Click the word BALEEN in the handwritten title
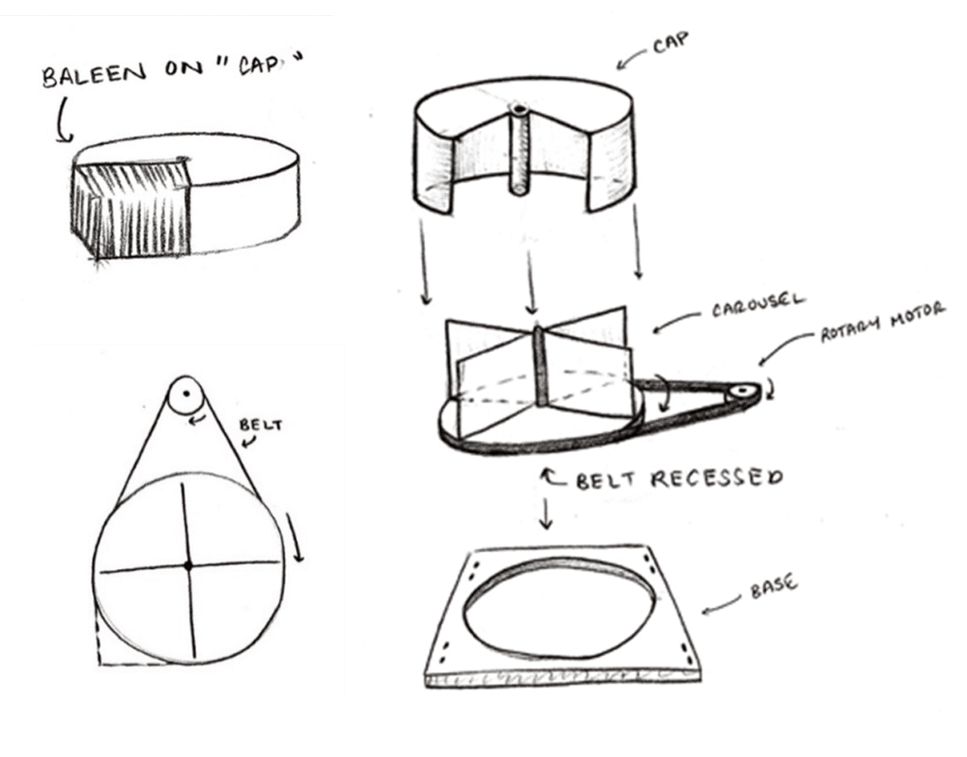[94, 75]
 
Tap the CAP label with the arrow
[670, 43]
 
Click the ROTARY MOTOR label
[882, 322]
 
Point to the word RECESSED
[718, 479]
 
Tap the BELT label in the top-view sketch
[261, 425]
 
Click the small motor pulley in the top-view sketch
[186, 393]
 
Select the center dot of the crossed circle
[189, 565]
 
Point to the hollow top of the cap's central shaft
[518, 110]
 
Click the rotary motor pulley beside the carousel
[740, 392]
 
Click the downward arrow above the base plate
[545, 513]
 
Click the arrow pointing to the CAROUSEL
[676, 321]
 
